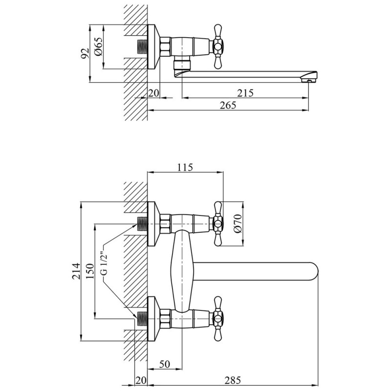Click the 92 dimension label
pyautogui.click(x=86, y=53)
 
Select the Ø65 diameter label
pyautogui.click(x=98, y=46)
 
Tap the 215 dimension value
pyautogui.click(x=245, y=93)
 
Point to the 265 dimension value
pyautogui.click(x=228, y=105)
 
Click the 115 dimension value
pyautogui.click(x=185, y=167)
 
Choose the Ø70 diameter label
pyautogui.click(x=238, y=223)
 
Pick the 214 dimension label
pyautogui.click(x=77, y=271)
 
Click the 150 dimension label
pyautogui.click(x=90, y=271)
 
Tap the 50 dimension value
pyautogui.click(x=164, y=364)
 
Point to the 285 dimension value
pyautogui.click(x=233, y=380)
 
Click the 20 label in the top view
pyautogui.click(x=153, y=93)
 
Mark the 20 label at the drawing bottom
pyautogui.click(x=141, y=380)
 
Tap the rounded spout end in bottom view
pyautogui.click(x=315, y=271)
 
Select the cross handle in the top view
pyautogui.click(x=217, y=46)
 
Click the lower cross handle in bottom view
pyautogui.click(x=217, y=319)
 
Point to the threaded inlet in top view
pyautogui.click(x=143, y=46)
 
